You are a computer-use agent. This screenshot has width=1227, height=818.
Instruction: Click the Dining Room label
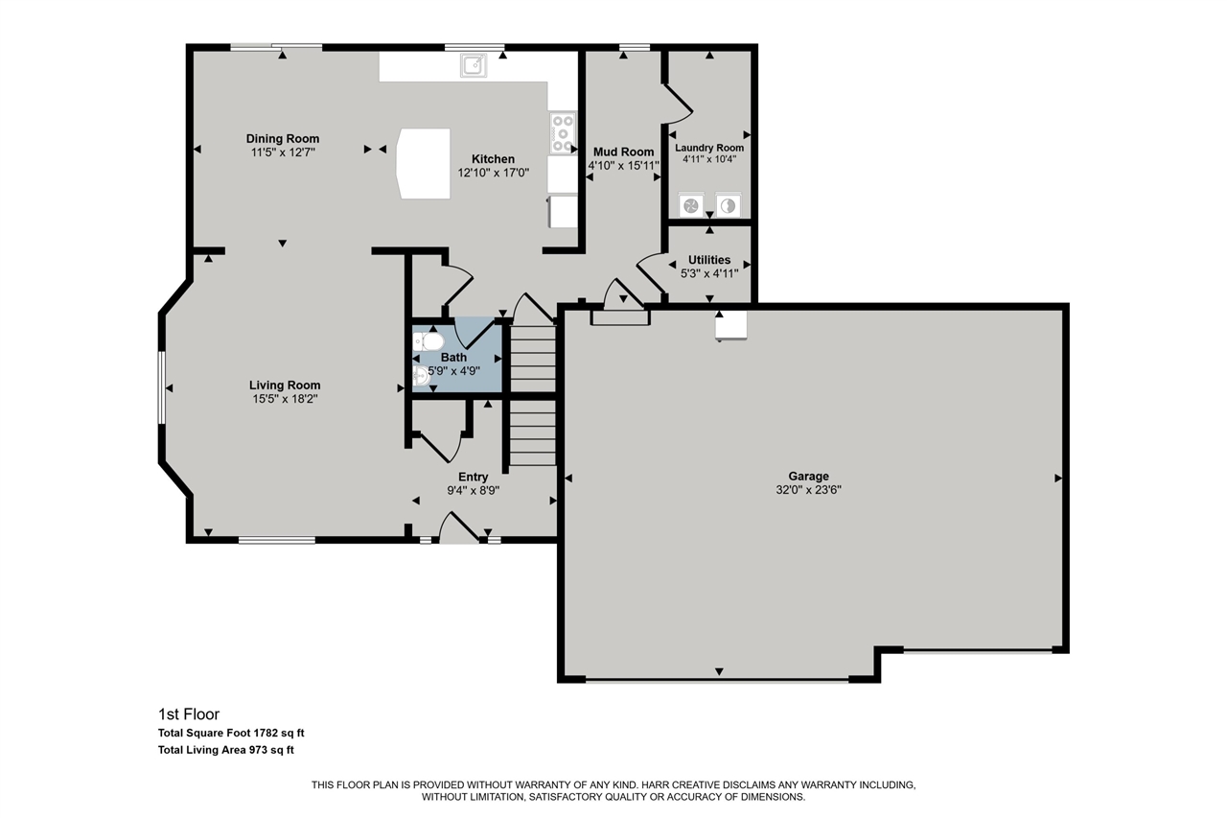point(283,139)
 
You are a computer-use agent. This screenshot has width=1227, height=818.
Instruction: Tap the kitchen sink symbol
point(474,65)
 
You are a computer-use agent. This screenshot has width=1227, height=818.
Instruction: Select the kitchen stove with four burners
point(562,133)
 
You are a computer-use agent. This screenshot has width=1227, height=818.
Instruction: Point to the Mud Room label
point(623,152)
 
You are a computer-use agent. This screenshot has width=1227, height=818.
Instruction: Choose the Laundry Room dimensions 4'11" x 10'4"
point(709,159)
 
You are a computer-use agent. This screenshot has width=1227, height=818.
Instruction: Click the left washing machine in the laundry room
point(690,205)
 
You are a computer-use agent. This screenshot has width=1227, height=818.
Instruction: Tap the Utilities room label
point(709,260)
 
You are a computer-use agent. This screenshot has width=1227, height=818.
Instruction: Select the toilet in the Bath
point(428,341)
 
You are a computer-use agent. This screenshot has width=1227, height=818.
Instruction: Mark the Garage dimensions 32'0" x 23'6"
point(808,489)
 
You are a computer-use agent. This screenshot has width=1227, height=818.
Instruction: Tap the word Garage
point(808,476)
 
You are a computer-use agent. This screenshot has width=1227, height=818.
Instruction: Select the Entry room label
point(473,477)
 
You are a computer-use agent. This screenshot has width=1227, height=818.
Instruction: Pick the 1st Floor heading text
point(189,713)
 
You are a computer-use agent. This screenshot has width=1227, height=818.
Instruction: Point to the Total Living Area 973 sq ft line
point(231,751)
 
